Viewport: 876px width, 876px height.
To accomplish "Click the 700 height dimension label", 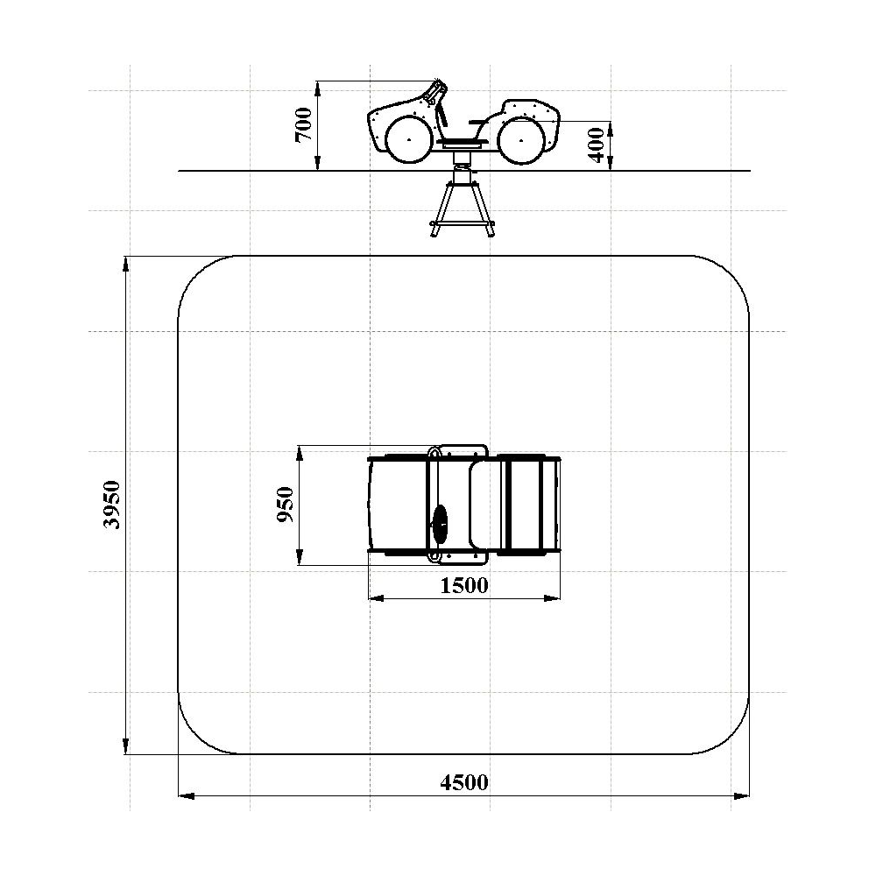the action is pyautogui.click(x=304, y=124).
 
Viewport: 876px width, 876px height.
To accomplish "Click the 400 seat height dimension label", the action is pyautogui.click(x=597, y=145).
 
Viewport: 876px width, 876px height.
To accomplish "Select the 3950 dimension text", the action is pyautogui.click(x=113, y=505).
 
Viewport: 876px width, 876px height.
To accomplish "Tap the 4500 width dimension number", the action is pyautogui.click(x=463, y=782).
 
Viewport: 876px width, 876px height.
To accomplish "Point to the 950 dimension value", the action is pyautogui.click(x=286, y=505).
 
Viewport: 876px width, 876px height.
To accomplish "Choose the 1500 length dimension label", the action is pyautogui.click(x=463, y=585).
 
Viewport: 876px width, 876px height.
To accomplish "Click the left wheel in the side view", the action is pyautogui.click(x=409, y=139).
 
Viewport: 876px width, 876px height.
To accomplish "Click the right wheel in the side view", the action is pyautogui.click(x=521, y=140).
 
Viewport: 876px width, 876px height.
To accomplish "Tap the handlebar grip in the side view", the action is pyautogui.click(x=434, y=92).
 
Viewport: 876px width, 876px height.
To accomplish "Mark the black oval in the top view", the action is pyautogui.click(x=440, y=524).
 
